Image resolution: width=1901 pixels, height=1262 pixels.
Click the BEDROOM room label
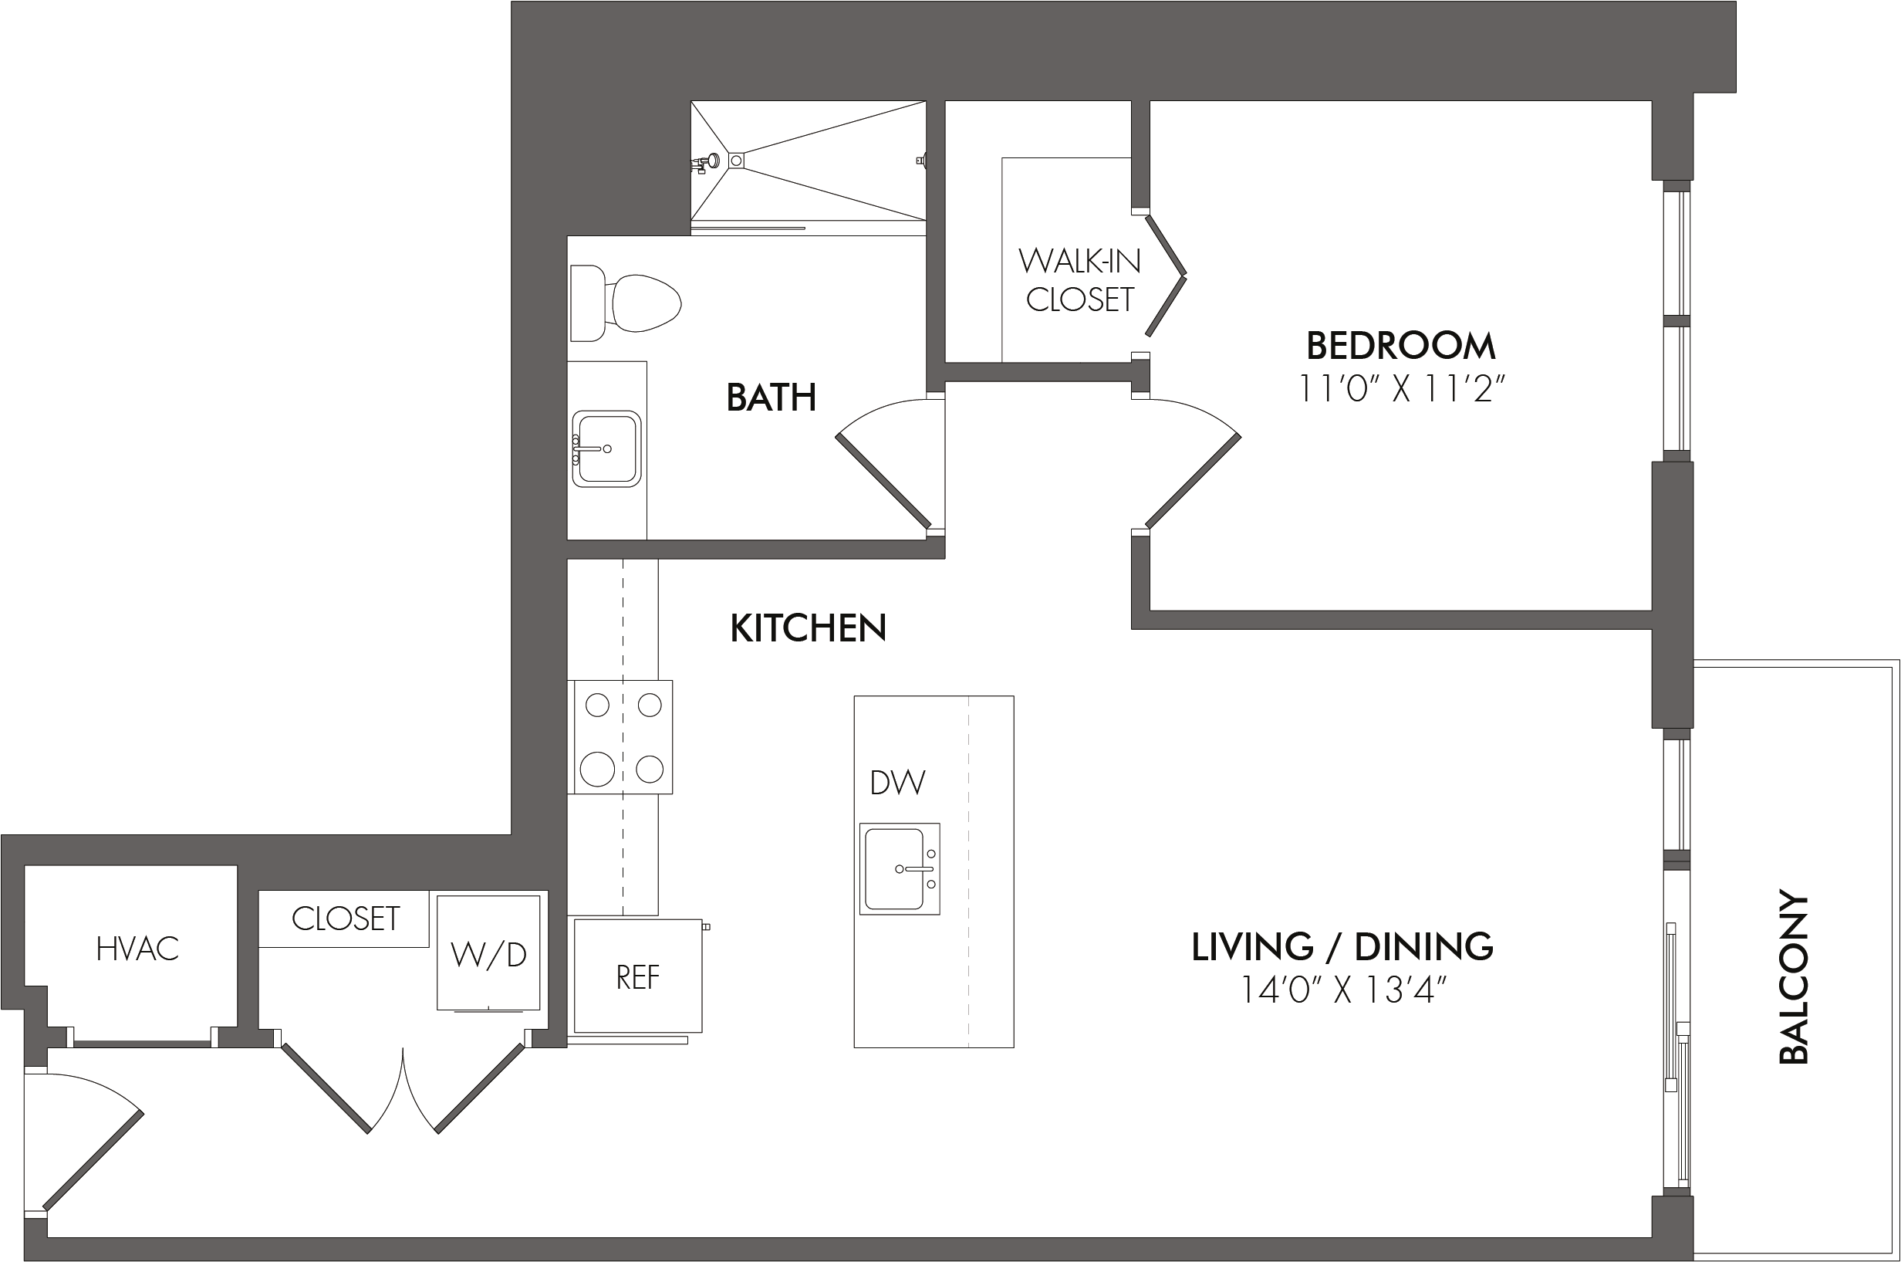point(1400,346)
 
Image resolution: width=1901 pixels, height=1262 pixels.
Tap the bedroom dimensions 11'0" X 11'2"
point(1401,390)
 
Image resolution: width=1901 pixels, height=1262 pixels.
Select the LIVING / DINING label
point(1342,946)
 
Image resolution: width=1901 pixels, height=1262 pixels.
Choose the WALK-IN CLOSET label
point(1079,280)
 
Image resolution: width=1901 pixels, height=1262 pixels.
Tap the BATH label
point(771,398)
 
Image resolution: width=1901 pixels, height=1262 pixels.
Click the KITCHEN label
point(808,628)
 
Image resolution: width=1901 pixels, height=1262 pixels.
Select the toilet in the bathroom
point(626,303)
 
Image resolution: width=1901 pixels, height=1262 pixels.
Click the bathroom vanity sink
point(606,448)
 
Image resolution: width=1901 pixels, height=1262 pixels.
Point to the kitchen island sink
point(900,868)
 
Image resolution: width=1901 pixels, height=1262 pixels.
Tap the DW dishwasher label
point(898,783)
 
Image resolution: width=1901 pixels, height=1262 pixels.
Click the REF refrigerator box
point(638,976)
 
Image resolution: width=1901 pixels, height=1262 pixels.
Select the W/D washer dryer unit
point(488,953)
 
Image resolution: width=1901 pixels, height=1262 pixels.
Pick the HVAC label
point(137,949)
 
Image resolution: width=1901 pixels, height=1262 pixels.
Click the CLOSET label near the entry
point(345,919)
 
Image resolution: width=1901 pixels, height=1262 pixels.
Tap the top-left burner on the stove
point(598,705)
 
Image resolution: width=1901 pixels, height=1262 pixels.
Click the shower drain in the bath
point(736,161)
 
